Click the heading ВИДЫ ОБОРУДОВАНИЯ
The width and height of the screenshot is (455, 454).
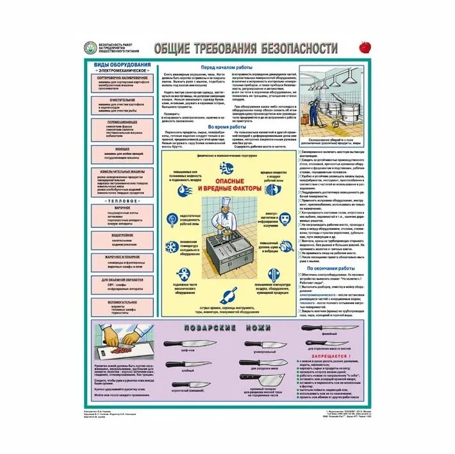coord(122,65)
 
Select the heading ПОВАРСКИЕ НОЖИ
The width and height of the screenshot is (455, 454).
coord(227,328)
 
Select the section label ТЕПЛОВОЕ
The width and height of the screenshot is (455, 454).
coord(122,202)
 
